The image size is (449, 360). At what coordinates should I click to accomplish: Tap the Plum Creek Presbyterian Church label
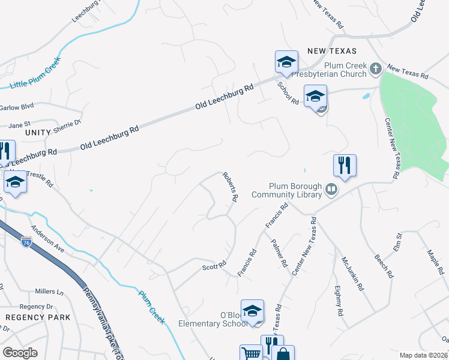[345, 70]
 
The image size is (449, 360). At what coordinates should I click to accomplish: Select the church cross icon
[376, 68]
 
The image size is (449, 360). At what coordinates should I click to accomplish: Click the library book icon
[331, 190]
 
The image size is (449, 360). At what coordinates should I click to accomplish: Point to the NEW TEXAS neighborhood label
[332, 51]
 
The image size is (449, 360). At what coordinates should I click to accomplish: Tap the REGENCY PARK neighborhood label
[38, 317]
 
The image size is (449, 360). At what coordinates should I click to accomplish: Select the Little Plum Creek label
[35, 73]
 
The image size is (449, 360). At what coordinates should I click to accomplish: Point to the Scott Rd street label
[214, 265]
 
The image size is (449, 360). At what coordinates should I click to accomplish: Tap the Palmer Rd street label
[280, 254]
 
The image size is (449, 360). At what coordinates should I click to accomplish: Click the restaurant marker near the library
[345, 165]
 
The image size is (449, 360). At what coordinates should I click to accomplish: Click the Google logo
[20, 353]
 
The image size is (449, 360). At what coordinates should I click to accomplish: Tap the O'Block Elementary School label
[213, 320]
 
